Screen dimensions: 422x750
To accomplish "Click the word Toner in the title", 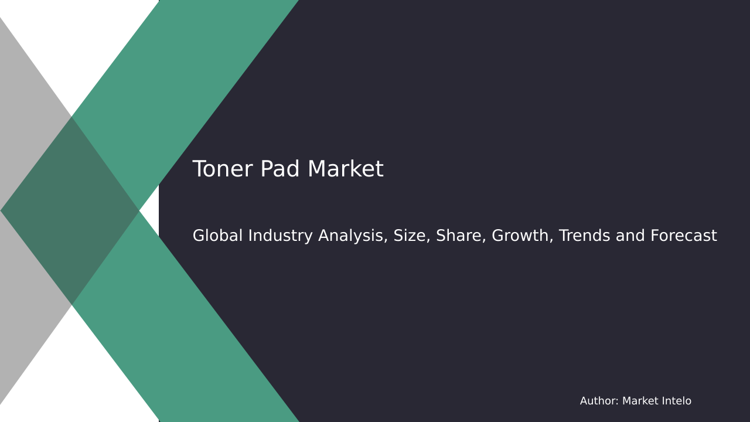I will [223, 170].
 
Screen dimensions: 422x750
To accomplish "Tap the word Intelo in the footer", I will [675, 401].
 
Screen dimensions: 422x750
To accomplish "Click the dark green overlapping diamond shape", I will [70, 211].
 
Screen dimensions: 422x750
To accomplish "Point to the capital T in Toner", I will [199, 170].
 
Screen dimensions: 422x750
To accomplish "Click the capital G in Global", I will [199, 236].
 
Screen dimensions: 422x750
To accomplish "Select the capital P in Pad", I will [265, 170].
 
